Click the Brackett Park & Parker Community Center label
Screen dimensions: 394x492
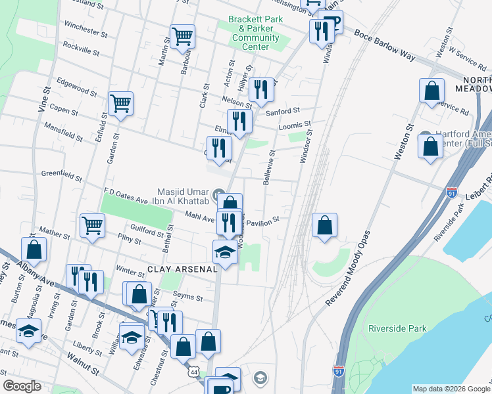tap(255, 33)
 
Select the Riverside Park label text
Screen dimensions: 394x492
tap(397, 328)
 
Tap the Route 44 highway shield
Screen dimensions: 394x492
tap(194, 371)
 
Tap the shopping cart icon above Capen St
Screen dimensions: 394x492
tap(121, 103)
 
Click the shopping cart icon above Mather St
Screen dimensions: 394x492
tap(92, 225)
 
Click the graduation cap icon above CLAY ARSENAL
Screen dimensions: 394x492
tap(225, 252)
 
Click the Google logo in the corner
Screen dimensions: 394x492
tap(22, 386)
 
